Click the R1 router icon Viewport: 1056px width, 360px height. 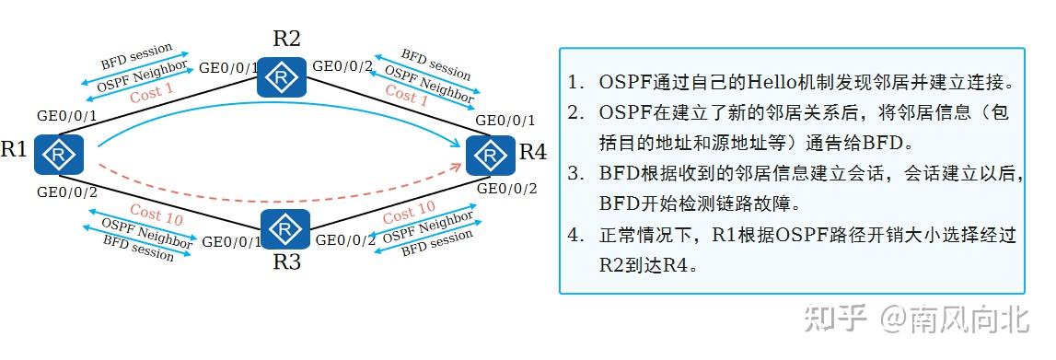point(59,154)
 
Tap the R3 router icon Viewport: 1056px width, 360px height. point(285,228)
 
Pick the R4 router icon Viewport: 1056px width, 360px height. point(491,155)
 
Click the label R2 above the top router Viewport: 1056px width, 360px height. point(286,39)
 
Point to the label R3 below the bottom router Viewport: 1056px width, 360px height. point(286,262)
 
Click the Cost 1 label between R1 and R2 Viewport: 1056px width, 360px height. point(151,92)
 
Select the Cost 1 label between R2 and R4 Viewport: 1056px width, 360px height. point(406,94)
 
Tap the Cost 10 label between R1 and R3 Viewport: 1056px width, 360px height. point(156,215)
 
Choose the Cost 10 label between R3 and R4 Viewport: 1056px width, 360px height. point(409,214)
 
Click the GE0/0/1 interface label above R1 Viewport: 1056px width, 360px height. point(67,117)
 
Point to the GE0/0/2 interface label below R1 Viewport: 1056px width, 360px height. point(67,192)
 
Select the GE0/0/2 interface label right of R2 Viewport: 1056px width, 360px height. point(342,66)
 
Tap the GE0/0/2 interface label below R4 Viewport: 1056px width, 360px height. point(506,189)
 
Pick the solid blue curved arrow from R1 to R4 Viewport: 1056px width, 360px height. point(276,117)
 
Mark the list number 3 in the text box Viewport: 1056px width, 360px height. point(574,172)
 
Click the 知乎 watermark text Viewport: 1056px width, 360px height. point(836,319)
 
